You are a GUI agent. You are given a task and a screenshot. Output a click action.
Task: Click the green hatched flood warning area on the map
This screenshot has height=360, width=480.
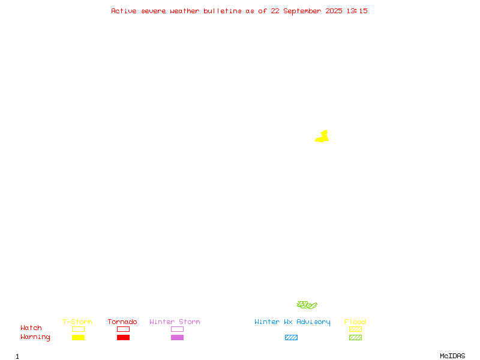pos(307,305)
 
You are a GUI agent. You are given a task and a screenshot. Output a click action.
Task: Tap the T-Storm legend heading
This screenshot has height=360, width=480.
pos(77,322)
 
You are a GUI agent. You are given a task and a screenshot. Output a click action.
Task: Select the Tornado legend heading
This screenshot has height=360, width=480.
pos(122,322)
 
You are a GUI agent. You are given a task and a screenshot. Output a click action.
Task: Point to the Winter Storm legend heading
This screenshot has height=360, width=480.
pos(175,322)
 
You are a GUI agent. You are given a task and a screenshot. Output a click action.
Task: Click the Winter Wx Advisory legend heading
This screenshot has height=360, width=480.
pos(292,322)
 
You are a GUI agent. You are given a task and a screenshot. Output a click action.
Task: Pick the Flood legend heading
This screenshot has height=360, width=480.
pos(355,322)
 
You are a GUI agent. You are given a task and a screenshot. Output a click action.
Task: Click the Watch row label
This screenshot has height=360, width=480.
pos(31,328)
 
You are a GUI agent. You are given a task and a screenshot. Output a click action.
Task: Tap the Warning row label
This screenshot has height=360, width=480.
pos(35,337)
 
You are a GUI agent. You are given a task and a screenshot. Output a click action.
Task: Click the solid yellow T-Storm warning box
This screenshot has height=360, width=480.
pos(79,337)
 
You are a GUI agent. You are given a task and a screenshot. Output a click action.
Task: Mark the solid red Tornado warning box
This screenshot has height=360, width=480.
pos(124,337)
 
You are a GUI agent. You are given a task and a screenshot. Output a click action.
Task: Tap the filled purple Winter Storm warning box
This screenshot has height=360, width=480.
pos(177,337)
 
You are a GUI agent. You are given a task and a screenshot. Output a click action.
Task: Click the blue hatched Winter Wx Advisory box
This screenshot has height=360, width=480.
pos(291,337)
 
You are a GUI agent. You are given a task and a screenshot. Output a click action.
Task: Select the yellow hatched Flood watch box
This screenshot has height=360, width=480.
pos(355,329)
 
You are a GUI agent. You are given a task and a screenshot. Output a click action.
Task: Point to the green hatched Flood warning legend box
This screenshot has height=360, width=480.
pos(355,337)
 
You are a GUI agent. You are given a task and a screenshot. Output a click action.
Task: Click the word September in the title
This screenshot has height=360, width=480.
pos(302,11)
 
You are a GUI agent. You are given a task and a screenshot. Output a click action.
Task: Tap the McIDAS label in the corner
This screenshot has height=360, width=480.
pos(452,356)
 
